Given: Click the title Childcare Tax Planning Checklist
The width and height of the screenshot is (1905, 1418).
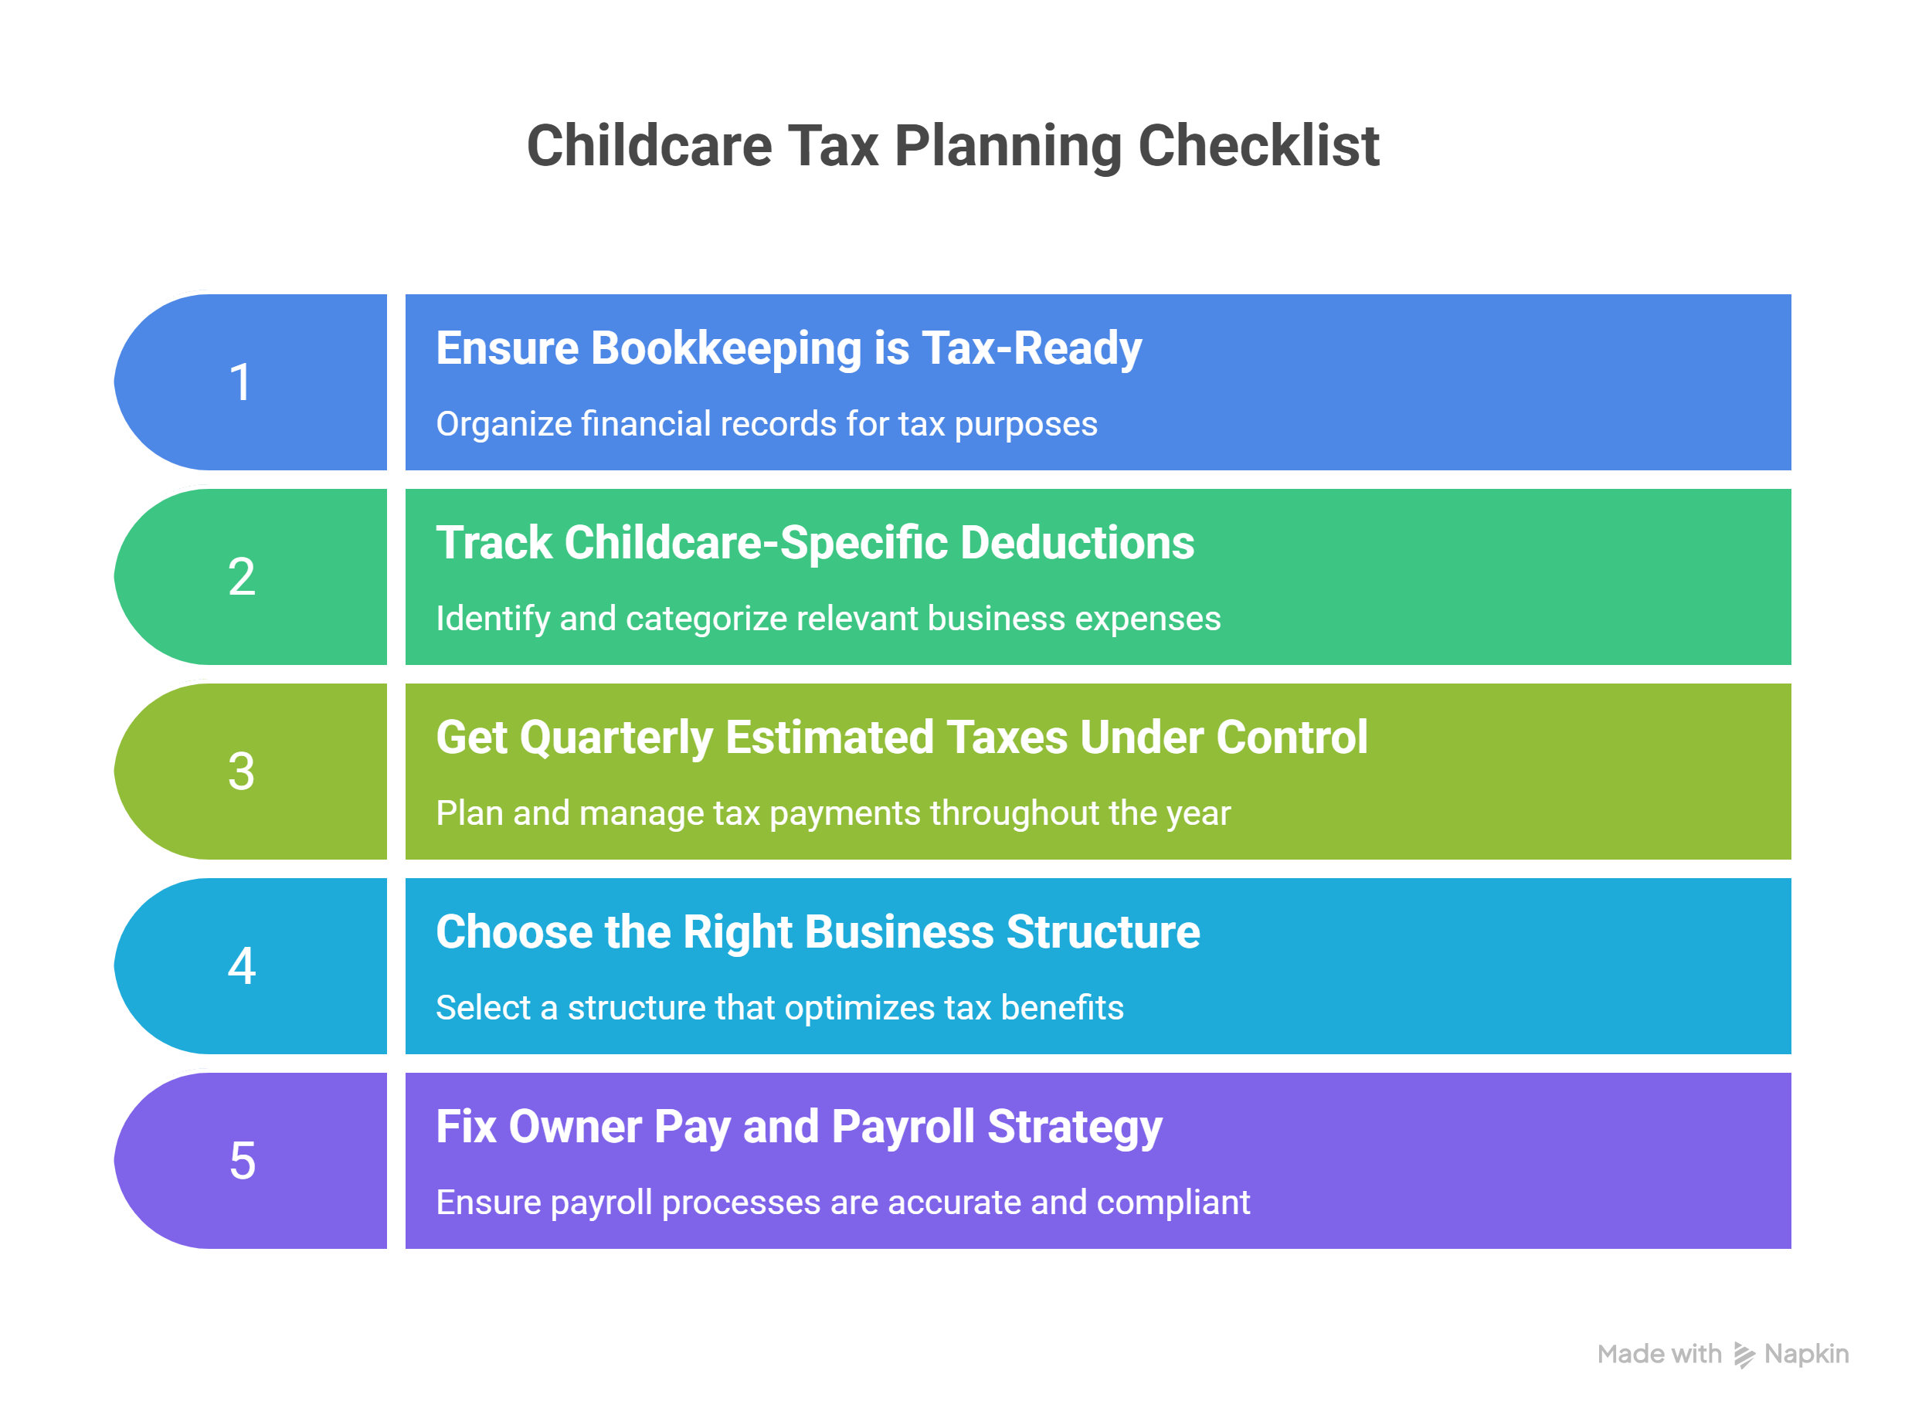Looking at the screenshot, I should [952, 145].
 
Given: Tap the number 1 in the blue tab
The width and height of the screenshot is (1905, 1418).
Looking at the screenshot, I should [241, 382].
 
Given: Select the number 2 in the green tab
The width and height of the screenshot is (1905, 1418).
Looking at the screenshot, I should [241, 576].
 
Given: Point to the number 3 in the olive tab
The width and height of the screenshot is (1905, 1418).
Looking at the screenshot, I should [241, 771].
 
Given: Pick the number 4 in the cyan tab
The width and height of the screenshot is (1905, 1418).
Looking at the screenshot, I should [241, 965].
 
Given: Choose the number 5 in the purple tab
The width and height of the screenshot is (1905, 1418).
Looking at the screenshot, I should [242, 1161].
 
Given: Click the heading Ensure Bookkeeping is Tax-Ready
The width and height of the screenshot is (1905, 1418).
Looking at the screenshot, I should [788, 348].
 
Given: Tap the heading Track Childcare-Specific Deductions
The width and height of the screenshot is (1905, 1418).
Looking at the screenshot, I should [815, 544].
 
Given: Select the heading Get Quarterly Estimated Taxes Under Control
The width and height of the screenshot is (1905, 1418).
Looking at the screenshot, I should [902, 738].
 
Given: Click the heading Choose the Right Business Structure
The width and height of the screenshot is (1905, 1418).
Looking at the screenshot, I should [817, 932].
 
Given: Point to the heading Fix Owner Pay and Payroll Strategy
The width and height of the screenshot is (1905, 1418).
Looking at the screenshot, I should [799, 1127].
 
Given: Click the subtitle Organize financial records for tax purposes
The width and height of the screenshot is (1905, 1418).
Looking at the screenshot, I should [766, 424].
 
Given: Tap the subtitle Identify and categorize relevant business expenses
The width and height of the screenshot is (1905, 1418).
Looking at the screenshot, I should [827, 619].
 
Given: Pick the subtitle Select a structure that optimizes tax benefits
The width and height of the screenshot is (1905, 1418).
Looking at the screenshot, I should [779, 1008].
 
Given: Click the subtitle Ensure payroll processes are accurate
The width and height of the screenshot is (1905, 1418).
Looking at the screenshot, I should [842, 1203].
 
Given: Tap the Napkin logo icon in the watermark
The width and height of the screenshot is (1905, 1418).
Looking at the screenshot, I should [1744, 1355].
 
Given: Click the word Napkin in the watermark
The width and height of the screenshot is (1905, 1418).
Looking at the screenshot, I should [1806, 1355].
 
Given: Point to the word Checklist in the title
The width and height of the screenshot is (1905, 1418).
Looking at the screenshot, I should [1258, 145].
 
